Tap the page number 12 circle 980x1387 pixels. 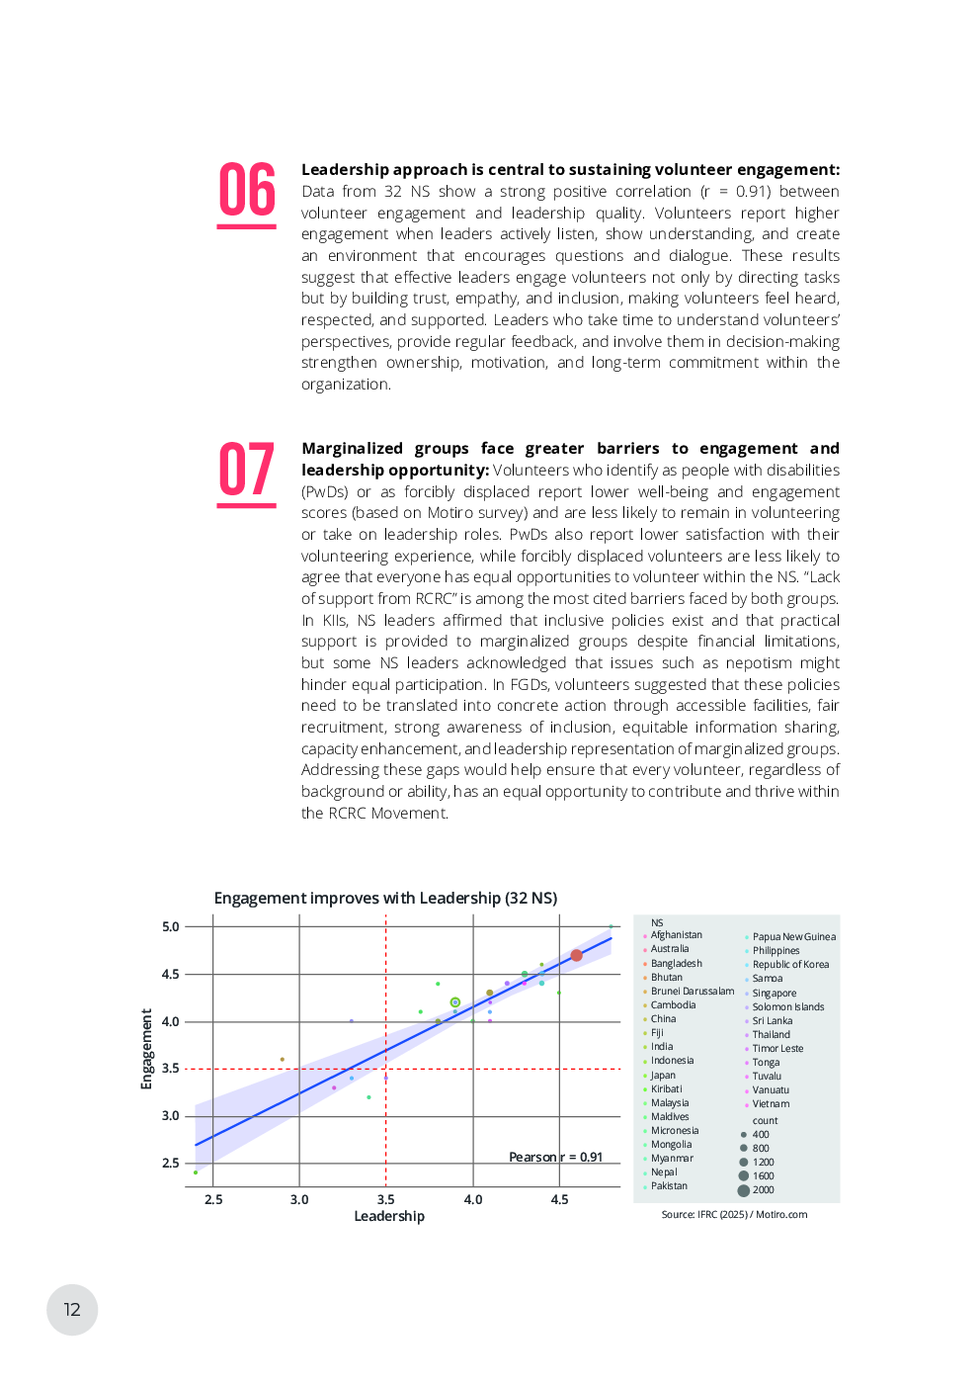tap(72, 1309)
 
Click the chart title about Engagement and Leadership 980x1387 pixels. tap(385, 898)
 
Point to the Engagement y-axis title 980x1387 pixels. tap(147, 1048)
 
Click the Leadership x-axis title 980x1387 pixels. tap(389, 1216)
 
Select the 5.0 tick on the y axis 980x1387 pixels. tap(171, 926)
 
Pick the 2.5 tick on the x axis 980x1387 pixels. tap(213, 1199)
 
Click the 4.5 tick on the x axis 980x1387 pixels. tap(559, 1199)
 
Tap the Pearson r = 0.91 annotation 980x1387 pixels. tap(555, 1157)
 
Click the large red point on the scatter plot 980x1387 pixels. tap(576, 955)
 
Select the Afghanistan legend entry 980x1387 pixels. tap(676, 935)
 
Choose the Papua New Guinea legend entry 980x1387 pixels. tap(793, 937)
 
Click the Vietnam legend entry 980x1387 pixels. tap(771, 1104)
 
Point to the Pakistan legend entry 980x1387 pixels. tap(669, 1186)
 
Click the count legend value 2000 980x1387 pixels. tap(763, 1190)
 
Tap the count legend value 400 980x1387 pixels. tap(760, 1135)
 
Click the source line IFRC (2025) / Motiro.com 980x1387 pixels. tap(734, 1215)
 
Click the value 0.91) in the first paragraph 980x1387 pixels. tap(753, 192)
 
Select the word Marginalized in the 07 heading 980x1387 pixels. tap(352, 449)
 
